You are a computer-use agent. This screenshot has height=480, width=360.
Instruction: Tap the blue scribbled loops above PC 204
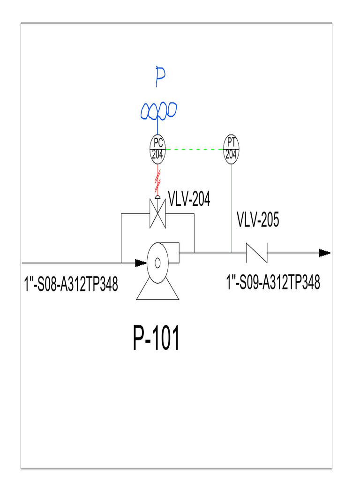point(158,111)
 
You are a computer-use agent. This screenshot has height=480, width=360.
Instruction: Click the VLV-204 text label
point(189,200)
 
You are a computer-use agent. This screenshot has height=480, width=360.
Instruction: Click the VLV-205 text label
point(258,219)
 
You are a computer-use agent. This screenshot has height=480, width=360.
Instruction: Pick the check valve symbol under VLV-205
point(257,253)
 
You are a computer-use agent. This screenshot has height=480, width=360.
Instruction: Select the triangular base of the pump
point(158,292)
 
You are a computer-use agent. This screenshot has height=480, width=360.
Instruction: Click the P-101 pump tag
point(157,339)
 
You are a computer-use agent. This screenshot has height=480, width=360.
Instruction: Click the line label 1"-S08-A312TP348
point(71,284)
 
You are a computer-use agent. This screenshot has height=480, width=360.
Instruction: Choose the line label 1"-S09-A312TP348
point(273,283)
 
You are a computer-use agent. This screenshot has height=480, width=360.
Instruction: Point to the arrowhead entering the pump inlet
point(140,263)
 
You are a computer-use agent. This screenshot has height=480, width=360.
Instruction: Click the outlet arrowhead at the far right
point(325,253)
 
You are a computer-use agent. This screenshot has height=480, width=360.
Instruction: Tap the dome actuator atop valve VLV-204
point(157,196)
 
